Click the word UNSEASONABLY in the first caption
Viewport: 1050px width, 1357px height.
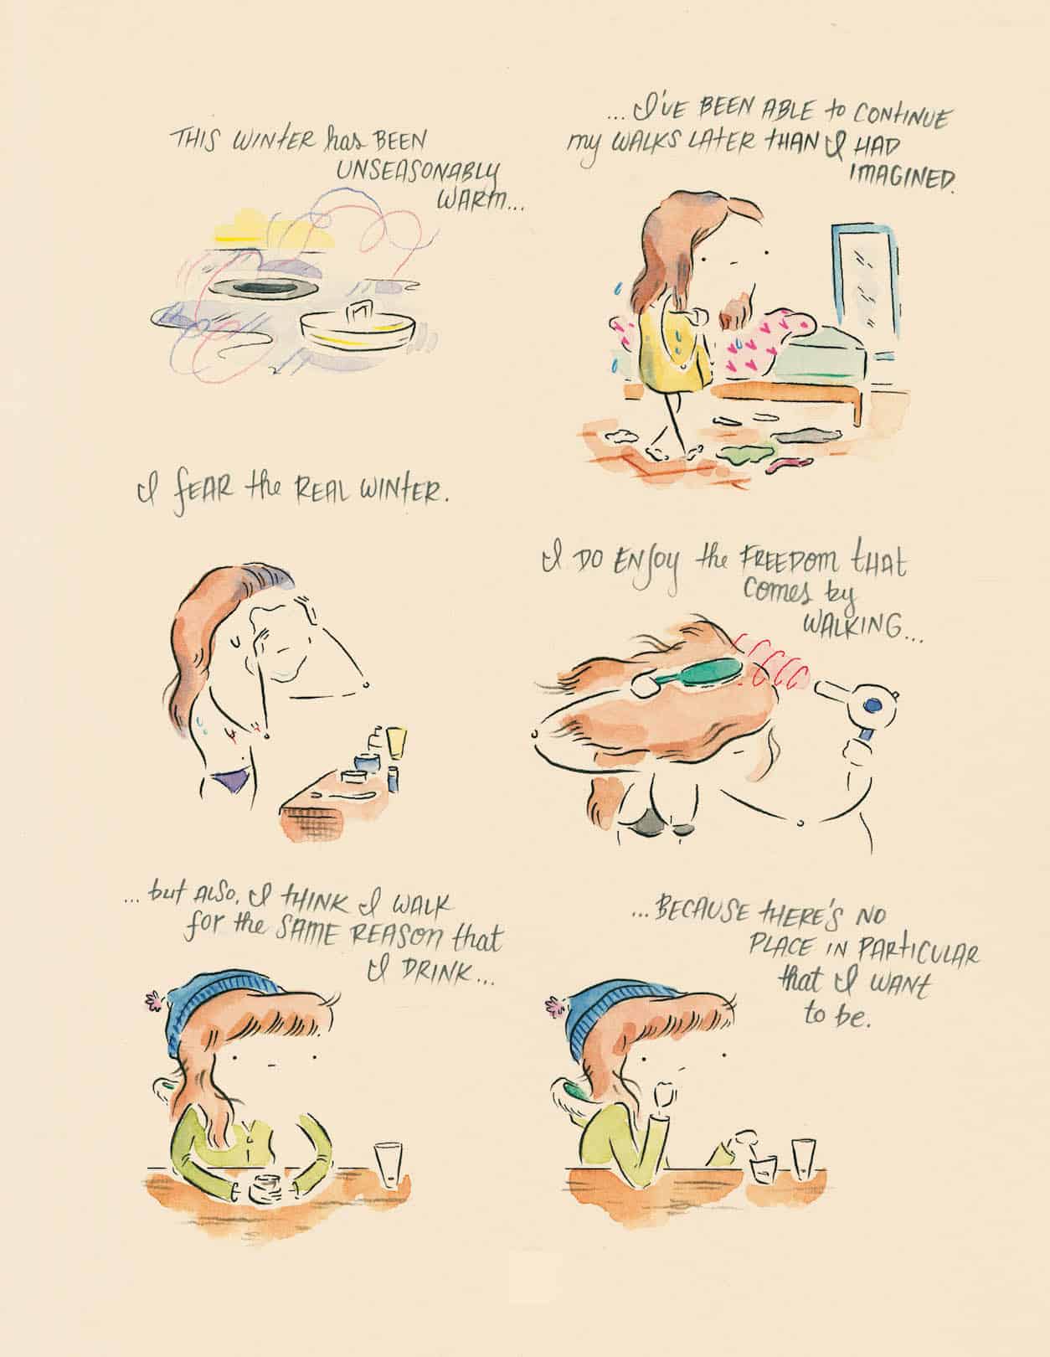coord(419,174)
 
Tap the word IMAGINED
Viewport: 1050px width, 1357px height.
coord(902,178)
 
